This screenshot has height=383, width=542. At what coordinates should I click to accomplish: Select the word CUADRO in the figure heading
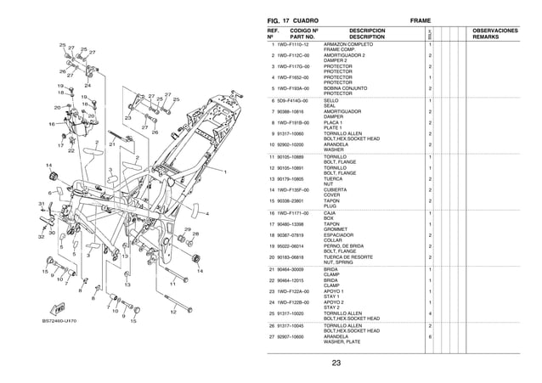pyautogui.click(x=312, y=19)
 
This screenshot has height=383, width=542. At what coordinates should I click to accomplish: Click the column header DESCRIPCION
pyautogui.click(x=367, y=31)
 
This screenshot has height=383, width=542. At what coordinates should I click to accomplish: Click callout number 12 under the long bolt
pyautogui.click(x=172, y=312)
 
